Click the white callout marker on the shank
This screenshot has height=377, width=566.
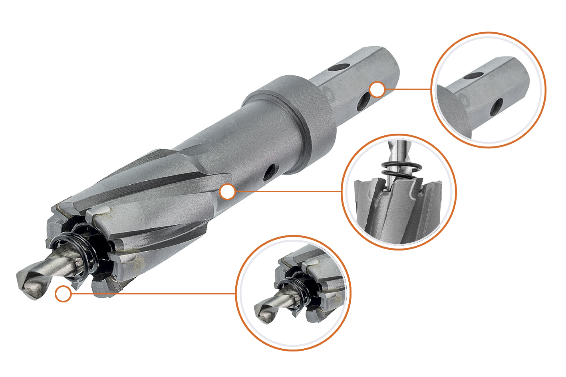click(377, 89)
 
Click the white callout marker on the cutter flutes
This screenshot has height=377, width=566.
click(227, 191)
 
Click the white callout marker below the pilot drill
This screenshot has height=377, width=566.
click(63, 294)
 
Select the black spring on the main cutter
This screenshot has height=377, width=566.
click(80, 255)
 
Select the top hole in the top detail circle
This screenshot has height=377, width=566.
click(474, 75)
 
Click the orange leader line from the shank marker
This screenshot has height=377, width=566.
click(407, 89)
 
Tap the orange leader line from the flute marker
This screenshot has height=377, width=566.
click(288, 191)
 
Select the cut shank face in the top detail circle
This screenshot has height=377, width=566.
click(453, 110)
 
